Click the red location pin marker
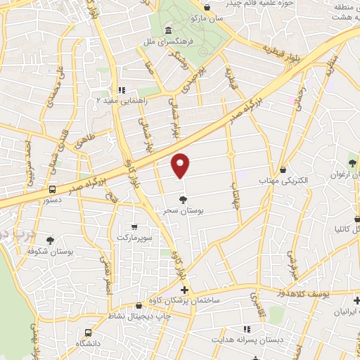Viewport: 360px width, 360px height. point(181,165)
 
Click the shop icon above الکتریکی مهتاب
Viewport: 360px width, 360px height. point(283,169)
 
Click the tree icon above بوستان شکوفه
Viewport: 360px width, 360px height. point(49,240)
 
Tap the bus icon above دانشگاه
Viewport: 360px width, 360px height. point(88,333)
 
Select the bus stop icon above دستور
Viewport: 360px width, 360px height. point(52,189)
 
